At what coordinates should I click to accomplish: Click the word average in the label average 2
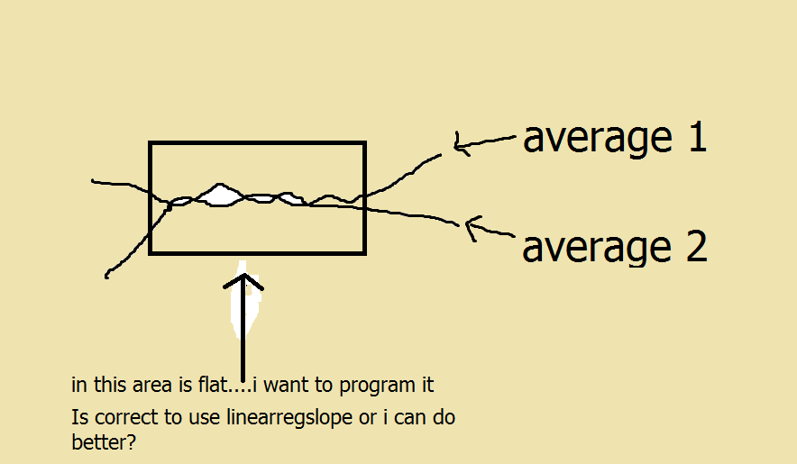coord(598,249)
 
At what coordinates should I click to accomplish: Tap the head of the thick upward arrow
coord(243,281)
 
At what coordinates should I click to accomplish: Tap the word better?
coord(104,442)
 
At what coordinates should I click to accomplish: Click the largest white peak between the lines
coord(220,196)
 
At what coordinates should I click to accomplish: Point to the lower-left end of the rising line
coord(106,277)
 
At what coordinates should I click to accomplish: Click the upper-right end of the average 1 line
coord(440,155)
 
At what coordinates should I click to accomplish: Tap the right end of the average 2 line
coord(459,224)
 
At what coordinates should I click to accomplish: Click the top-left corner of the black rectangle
coord(150,143)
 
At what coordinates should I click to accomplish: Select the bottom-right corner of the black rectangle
coord(364,252)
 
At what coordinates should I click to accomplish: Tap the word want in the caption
coord(286,386)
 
